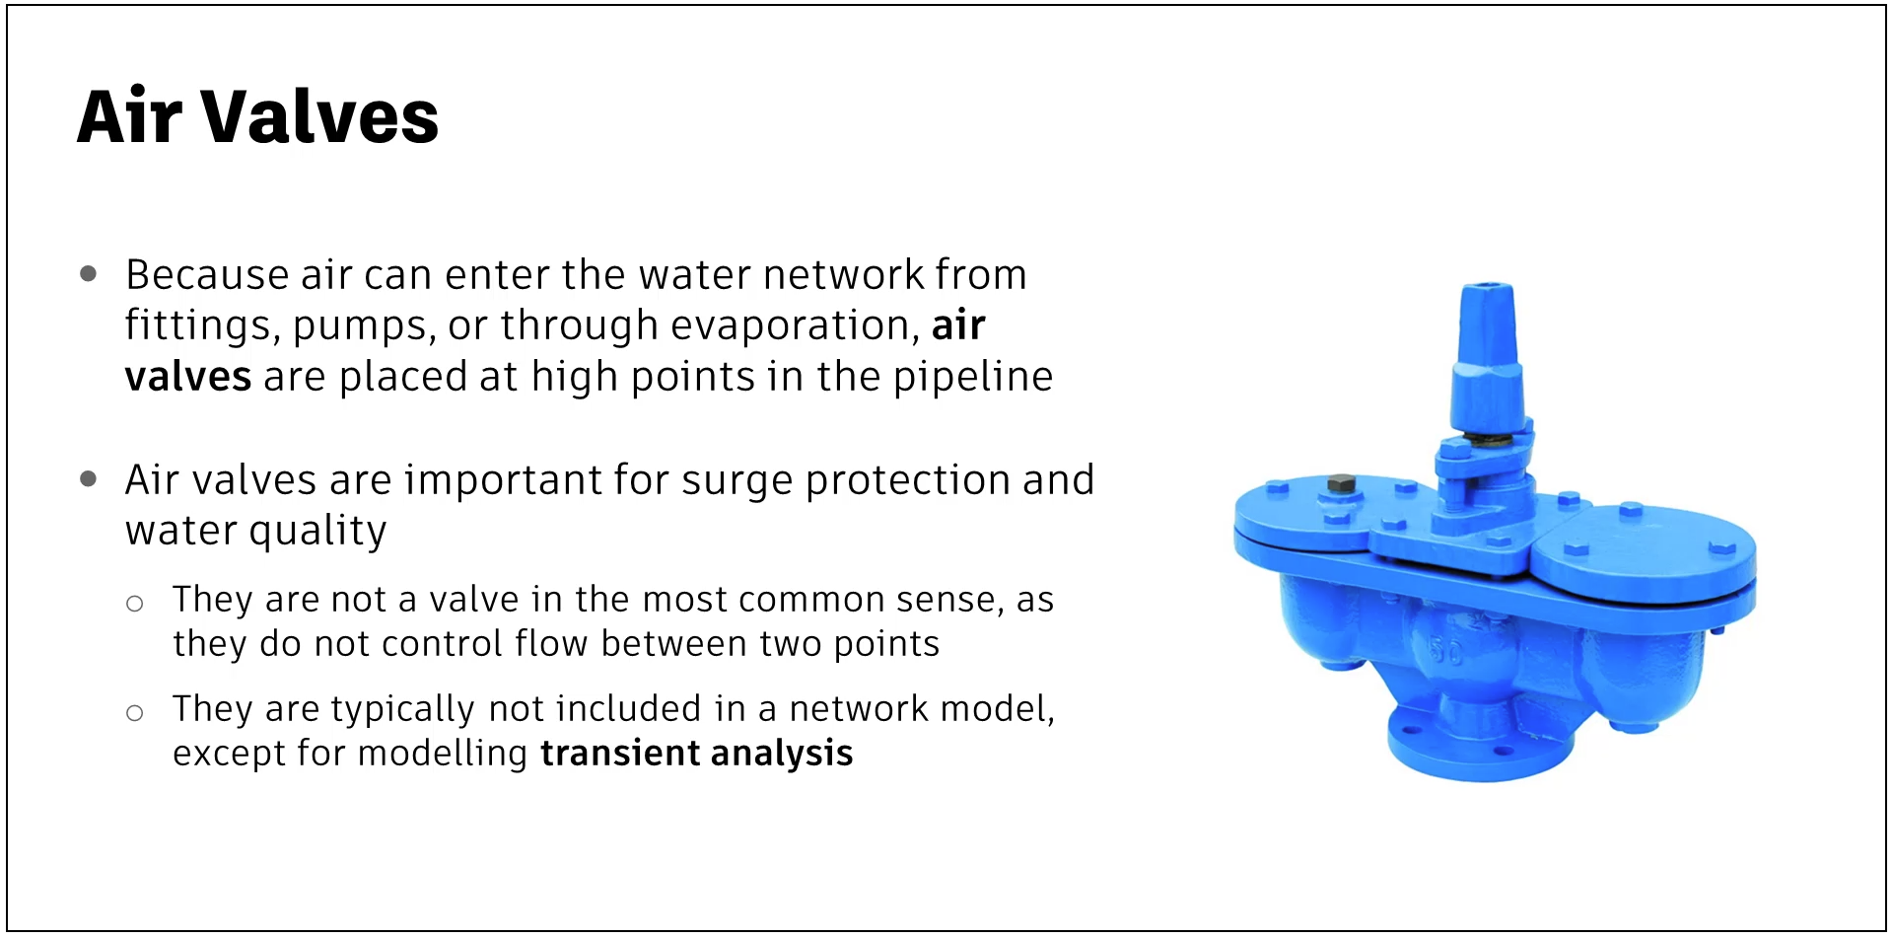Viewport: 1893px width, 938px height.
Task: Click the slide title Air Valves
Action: point(257,116)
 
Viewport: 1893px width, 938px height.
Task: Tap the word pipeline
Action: point(973,378)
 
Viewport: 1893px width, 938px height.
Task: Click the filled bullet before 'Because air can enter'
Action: point(89,273)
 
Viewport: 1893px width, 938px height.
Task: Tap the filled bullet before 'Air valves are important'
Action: point(89,479)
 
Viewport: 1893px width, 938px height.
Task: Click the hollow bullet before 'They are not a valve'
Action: point(135,604)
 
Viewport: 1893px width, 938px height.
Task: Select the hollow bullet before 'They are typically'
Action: point(135,712)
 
